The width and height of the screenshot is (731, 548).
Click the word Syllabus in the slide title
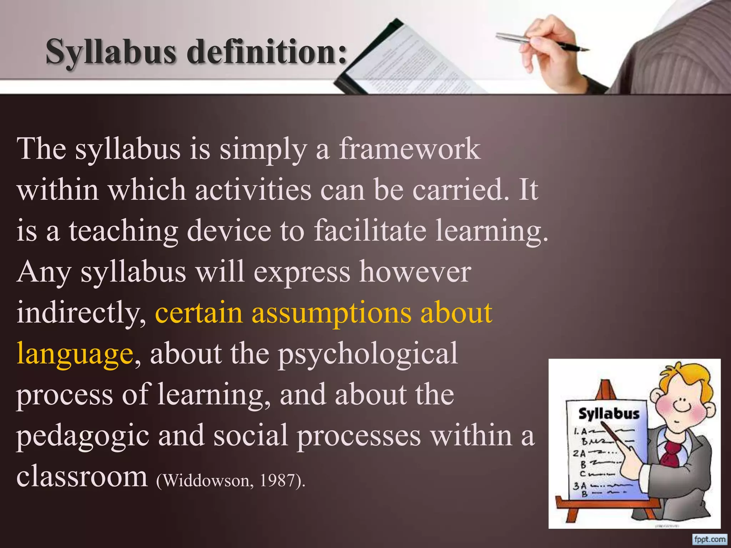click(111, 52)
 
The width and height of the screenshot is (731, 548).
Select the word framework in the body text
click(410, 149)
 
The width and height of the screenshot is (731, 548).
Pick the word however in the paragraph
click(415, 272)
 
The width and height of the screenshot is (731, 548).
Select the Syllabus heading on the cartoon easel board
click(609, 413)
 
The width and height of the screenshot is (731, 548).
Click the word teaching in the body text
click(123, 230)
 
